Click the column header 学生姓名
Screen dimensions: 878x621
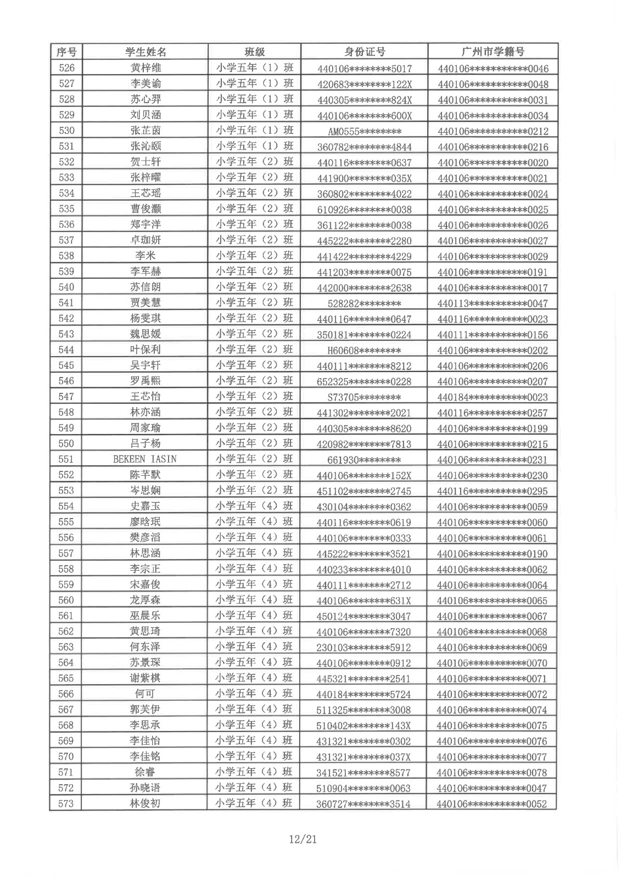(146, 52)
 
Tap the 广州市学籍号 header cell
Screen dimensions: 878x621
(493, 52)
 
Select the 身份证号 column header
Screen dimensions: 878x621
(365, 52)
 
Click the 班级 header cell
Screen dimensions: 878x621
(255, 52)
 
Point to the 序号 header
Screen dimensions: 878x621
(66, 52)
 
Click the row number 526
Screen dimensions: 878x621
(66, 68)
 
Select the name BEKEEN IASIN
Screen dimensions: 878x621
(145, 459)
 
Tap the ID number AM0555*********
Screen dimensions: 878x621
(365, 131)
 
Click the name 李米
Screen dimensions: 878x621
(146, 256)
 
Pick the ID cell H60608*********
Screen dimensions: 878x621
(364, 350)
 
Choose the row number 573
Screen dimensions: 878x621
(66, 803)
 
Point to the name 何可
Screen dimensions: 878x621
(145, 694)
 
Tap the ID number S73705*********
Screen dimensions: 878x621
(364, 397)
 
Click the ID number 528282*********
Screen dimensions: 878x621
(364, 303)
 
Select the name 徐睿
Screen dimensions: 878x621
(145, 772)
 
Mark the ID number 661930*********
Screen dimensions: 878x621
(364, 460)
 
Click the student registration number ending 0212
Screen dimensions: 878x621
(493, 131)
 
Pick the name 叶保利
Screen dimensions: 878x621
(146, 350)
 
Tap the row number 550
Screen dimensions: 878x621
(66, 443)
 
